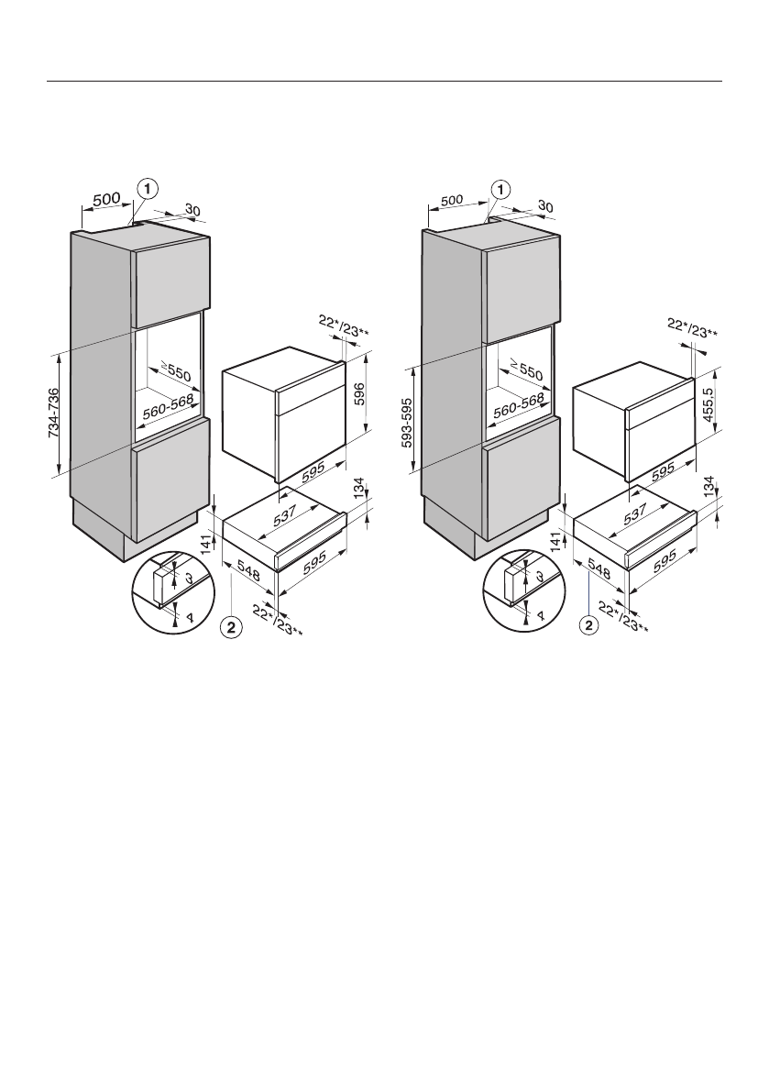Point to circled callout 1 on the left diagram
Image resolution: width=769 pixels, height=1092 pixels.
148,188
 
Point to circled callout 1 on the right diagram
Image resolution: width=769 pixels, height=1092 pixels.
500,190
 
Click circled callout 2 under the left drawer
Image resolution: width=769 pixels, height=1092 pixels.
232,627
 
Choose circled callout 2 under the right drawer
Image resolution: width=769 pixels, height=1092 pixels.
588,627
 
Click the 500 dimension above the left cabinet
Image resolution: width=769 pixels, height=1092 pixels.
106,198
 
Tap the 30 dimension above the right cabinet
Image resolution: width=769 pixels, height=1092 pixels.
544,207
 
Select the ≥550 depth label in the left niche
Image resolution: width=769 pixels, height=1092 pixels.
176,373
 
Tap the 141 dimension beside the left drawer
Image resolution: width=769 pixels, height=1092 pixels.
206,544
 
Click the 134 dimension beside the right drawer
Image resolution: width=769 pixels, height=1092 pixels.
709,487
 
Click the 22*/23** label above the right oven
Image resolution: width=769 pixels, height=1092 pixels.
690,329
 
